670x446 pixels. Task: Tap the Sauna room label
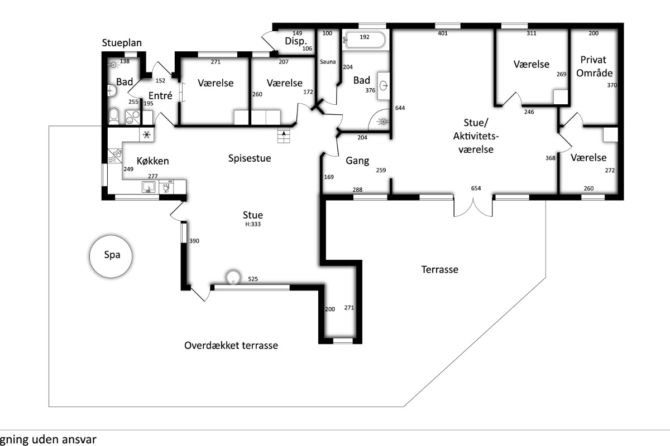[x=328, y=62]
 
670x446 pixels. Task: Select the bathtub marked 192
[x=366, y=40]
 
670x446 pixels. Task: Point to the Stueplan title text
[x=122, y=43]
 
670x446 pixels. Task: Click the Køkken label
[x=153, y=161]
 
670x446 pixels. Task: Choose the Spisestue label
[x=250, y=158]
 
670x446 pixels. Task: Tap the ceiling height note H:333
[x=253, y=224]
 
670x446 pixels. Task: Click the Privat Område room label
[x=594, y=66]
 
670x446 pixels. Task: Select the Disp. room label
[x=296, y=41]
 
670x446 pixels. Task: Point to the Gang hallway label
[x=357, y=161]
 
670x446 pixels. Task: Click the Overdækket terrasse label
[x=231, y=346]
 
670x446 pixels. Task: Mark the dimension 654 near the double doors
[x=476, y=188]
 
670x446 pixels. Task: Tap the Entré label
[x=160, y=95]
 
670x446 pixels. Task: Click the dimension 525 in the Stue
[x=253, y=279]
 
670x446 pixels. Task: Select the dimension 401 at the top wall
[x=443, y=33]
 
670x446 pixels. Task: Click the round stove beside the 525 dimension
[x=233, y=277]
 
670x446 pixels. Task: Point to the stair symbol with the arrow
[x=283, y=136]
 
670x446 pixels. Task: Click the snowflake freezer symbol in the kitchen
[x=146, y=135]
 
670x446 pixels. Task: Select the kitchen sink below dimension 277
[x=149, y=187]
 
